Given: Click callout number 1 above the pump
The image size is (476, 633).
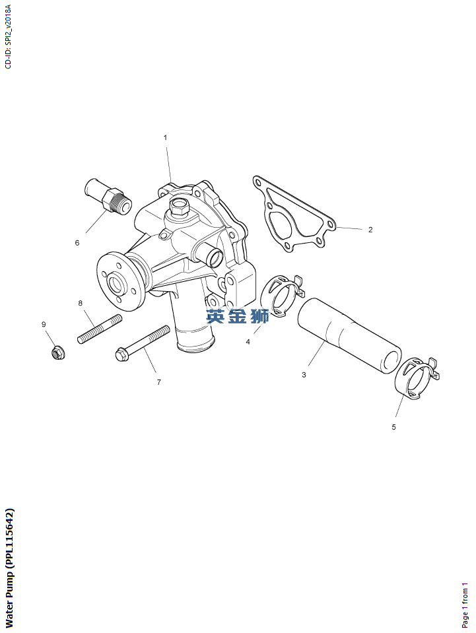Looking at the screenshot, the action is pyautogui.click(x=165, y=138).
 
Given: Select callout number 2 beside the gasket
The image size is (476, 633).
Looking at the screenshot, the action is pyautogui.click(x=370, y=230).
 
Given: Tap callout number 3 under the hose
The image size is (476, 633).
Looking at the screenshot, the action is pyautogui.click(x=304, y=375).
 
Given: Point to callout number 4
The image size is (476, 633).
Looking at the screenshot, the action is pyautogui.click(x=248, y=342).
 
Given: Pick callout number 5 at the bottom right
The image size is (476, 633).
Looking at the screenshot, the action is pyautogui.click(x=393, y=427).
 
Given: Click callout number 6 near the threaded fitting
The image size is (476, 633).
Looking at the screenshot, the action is pyautogui.click(x=77, y=243).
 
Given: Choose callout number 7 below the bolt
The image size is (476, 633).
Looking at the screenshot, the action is pyautogui.click(x=159, y=382).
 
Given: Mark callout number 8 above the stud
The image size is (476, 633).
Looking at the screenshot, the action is pyautogui.click(x=81, y=303).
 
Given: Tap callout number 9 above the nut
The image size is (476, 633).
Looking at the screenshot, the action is pyautogui.click(x=44, y=324).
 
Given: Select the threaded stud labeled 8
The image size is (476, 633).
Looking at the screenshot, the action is pyautogui.click(x=99, y=329).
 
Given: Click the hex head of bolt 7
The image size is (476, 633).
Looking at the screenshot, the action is pyautogui.click(x=121, y=354).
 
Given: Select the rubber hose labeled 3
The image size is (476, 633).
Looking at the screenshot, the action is pyautogui.click(x=349, y=335).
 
